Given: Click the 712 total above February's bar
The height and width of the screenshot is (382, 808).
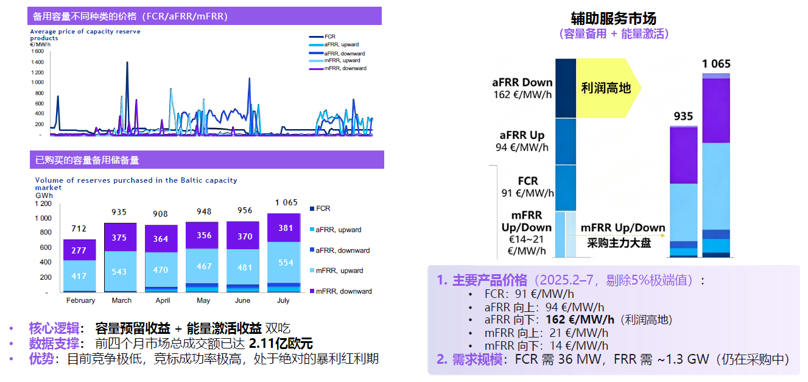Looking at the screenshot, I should click(x=80, y=229).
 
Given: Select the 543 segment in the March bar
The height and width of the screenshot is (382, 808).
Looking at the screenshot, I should click(x=120, y=272).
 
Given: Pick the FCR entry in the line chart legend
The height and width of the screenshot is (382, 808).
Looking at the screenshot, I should click(x=331, y=37).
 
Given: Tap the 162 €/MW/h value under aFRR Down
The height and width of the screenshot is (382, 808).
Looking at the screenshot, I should click(x=523, y=95).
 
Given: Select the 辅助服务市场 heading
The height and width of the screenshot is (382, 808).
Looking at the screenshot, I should click(x=613, y=18).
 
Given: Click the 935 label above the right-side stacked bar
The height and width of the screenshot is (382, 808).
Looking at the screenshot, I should click(x=683, y=116).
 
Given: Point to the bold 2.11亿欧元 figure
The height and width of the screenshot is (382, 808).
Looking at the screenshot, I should click(x=281, y=343).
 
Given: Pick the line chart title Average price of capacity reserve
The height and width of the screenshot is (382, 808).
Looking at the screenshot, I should click(x=85, y=31).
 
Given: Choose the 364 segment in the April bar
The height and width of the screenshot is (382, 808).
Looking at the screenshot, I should click(x=161, y=239).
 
